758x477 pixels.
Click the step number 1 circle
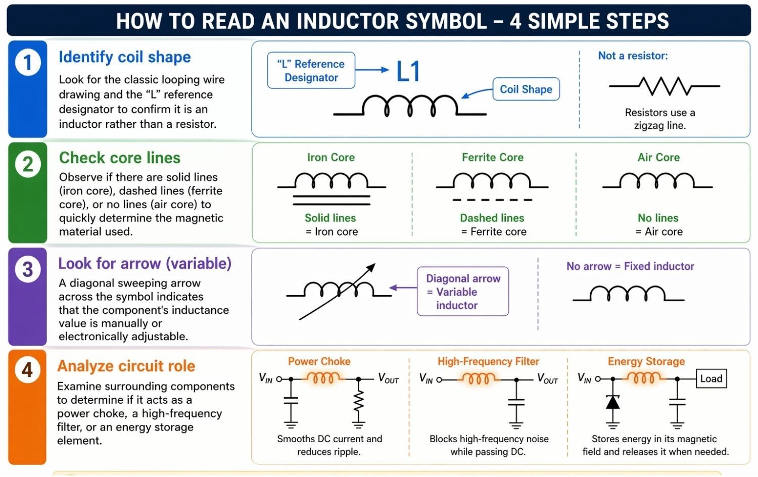pos(28,63)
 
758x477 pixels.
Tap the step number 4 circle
pos(27,369)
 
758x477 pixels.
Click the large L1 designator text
pos(408,71)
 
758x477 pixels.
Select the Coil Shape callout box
pos(526,89)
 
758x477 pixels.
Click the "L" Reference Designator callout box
pos(311,71)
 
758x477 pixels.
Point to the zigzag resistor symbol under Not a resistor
pos(664,86)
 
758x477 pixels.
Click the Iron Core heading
pos(330,158)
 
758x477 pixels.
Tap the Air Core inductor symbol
pos(657,181)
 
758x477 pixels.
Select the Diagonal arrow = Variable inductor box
pos(462,292)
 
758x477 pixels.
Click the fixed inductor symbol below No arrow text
pos(628,294)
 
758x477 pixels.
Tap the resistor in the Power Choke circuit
pos(358,401)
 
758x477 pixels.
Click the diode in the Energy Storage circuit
pos(612,402)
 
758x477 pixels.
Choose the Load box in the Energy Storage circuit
pos(711,378)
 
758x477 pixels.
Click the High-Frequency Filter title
pos(488,362)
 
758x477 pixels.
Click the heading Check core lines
pos(120,158)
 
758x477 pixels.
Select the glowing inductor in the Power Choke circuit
pos(323,378)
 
